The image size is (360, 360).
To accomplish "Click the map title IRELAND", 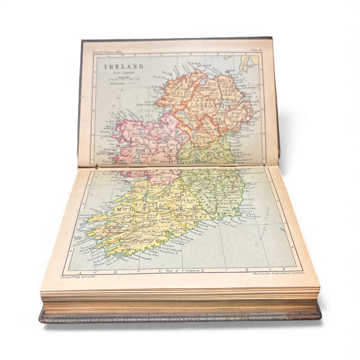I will tap(117, 67).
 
